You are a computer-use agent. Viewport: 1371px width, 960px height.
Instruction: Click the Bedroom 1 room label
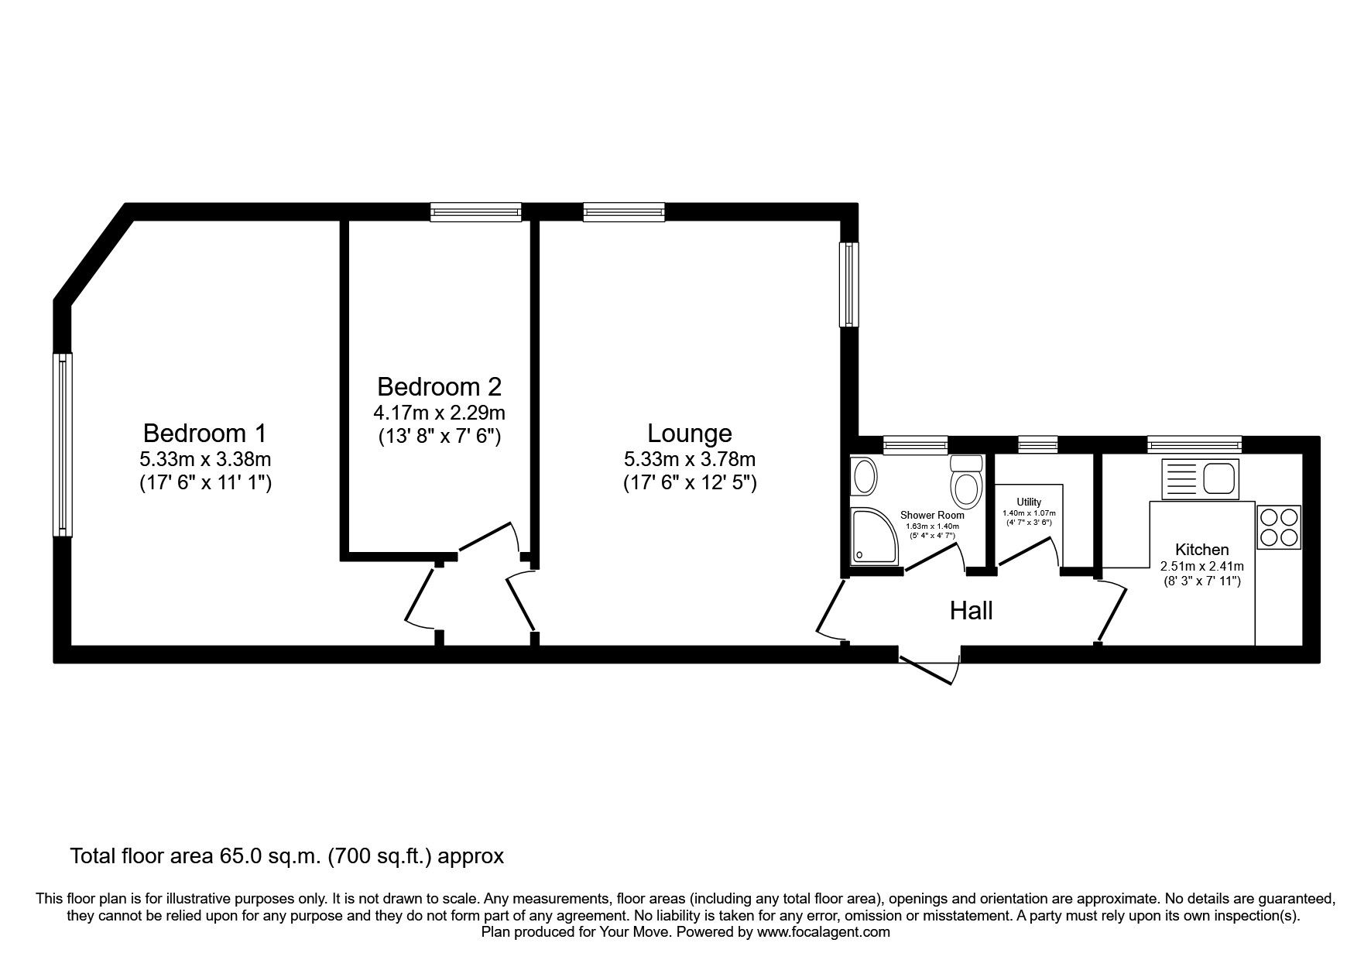(205, 432)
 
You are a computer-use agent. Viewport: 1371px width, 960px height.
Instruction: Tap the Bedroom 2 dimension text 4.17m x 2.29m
(440, 412)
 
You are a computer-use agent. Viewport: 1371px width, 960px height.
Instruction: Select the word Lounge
(689, 433)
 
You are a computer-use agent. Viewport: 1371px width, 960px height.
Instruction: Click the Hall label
(971, 611)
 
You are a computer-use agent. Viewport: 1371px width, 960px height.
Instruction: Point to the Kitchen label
(1201, 550)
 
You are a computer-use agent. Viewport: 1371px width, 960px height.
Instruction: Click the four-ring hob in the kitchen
(1279, 527)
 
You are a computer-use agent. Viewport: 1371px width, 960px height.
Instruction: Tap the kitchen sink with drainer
(1200, 478)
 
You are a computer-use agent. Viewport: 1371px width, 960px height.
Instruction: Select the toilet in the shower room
(965, 483)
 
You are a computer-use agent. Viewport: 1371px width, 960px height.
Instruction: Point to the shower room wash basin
(863, 475)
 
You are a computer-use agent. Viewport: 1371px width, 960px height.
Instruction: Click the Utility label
(1029, 502)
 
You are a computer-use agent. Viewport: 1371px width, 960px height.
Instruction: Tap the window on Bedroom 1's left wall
(63, 444)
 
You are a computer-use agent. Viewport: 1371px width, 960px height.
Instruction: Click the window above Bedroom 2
(475, 211)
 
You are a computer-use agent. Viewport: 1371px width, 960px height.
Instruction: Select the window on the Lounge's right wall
(849, 283)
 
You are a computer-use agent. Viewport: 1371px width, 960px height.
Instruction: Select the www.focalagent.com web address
(823, 932)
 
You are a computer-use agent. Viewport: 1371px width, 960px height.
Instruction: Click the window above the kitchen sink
(1194, 444)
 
